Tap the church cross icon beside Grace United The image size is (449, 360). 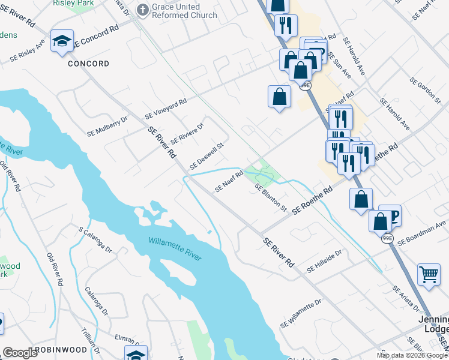point(142,10)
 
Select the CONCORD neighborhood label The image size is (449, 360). point(88,64)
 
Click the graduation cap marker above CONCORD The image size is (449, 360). point(62,41)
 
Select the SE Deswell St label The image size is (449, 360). point(206,156)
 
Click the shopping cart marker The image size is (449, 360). point(429,275)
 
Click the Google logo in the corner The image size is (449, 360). point(20,353)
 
